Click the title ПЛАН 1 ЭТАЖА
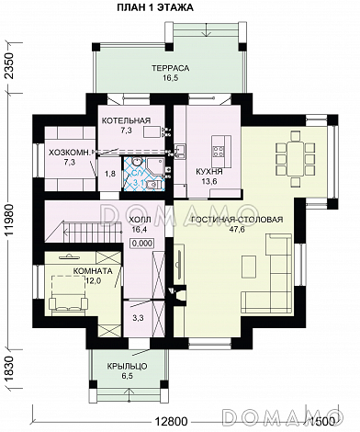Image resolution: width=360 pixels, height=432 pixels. pyautogui.click(x=155, y=7)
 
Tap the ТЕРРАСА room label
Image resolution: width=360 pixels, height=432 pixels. pyautogui.click(x=171, y=68)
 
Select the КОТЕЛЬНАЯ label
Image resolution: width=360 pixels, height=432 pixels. pyautogui.click(x=126, y=120)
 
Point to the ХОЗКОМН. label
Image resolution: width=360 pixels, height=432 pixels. pyautogui.click(x=71, y=152)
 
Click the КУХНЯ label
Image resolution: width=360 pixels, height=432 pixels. pyautogui.click(x=209, y=172)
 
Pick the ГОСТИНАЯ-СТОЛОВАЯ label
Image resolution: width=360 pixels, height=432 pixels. pyautogui.click(x=237, y=220)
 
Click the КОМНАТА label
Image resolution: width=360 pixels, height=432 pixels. pyautogui.click(x=93, y=271)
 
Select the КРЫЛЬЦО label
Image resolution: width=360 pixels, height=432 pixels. pyautogui.click(x=128, y=366)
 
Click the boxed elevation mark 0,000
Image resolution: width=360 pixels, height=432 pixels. pyautogui.click(x=142, y=244)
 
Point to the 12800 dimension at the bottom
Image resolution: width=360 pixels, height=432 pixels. pyautogui.click(x=171, y=422)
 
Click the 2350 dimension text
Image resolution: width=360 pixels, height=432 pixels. pyautogui.click(x=10, y=66)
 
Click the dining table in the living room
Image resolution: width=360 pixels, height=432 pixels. pyautogui.click(x=296, y=158)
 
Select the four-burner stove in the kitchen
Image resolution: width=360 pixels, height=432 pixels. pyautogui.click(x=218, y=151)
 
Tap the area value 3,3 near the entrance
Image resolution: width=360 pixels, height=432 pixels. pyautogui.click(x=138, y=318)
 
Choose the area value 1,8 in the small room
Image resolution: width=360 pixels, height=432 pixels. pyautogui.click(x=110, y=174)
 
